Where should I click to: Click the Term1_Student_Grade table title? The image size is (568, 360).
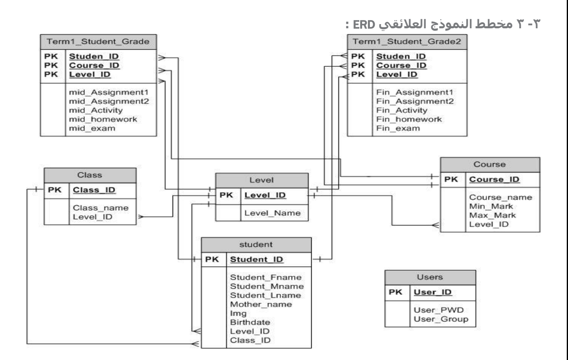point(98,42)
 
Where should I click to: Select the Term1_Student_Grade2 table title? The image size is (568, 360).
point(407,42)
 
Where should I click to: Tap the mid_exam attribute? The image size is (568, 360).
point(92,128)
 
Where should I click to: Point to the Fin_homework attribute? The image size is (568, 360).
point(409,119)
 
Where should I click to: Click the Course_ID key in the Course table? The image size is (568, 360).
point(494,179)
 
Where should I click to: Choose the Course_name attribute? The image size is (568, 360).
point(500,197)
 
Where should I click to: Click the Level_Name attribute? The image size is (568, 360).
point(272,213)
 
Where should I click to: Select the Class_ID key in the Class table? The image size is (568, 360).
point(94,190)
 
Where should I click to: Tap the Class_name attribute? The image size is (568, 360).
point(100,208)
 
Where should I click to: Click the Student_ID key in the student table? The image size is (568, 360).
point(257,259)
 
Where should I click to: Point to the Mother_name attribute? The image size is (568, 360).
point(261,304)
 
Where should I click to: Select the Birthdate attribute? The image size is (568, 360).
point(250,322)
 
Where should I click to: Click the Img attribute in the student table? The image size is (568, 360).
point(238,313)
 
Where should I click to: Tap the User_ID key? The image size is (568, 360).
point(432,292)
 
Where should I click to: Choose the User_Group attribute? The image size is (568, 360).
point(441,319)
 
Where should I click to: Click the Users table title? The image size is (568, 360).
point(430,277)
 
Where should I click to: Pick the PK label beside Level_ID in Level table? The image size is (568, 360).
point(226,195)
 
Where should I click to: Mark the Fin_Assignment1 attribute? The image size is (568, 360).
point(415,92)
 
